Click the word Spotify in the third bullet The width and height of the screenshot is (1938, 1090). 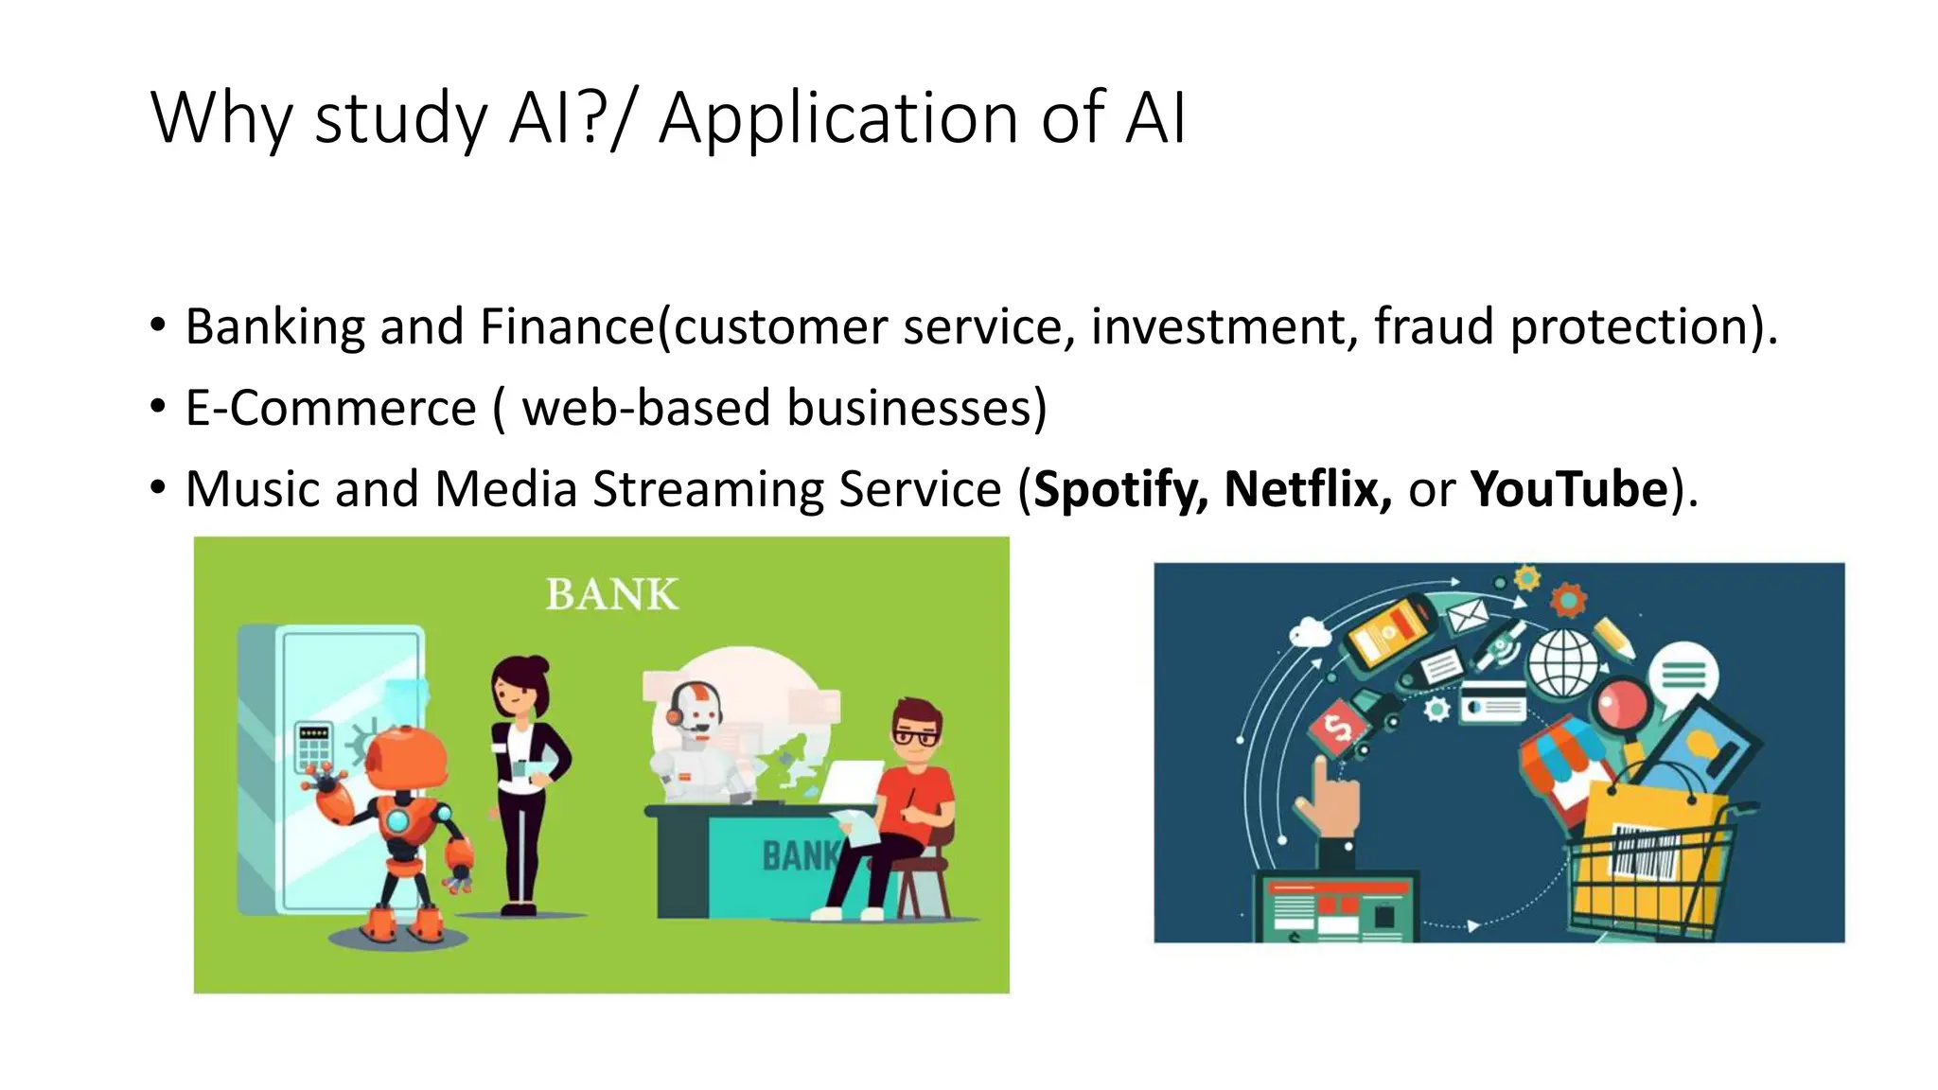pyautogui.click(x=1119, y=490)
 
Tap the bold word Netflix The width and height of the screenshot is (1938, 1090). pyautogui.click(x=1307, y=489)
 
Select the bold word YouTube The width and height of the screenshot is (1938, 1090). pyautogui.click(x=1568, y=489)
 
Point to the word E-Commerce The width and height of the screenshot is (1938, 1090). pyautogui.click(x=330, y=409)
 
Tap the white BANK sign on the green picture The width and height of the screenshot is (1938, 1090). pyautogui.click(x=612, y=595)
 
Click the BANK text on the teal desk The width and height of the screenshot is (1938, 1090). pyautogui.click(x=798, y=856)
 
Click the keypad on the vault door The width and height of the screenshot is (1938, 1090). pyautogui.click(x=313, y=747)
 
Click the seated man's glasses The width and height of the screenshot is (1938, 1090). pyautogui.click(x=915, y=736)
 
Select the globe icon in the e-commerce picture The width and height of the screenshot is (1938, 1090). pyautogui.click(x=1563, y=662)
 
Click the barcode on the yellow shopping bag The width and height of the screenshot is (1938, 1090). pyautogui.click(x=1645, y=852)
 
